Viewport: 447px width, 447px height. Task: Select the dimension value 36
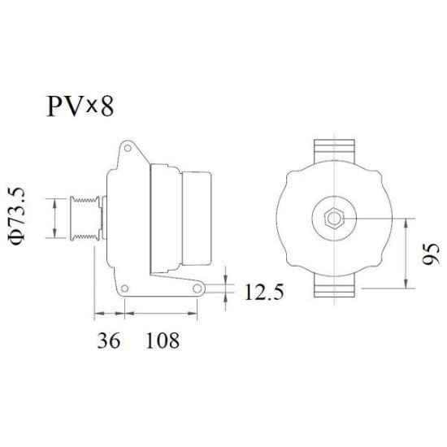coord(109,340)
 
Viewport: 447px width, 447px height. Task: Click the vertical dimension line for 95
coord(407,253)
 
